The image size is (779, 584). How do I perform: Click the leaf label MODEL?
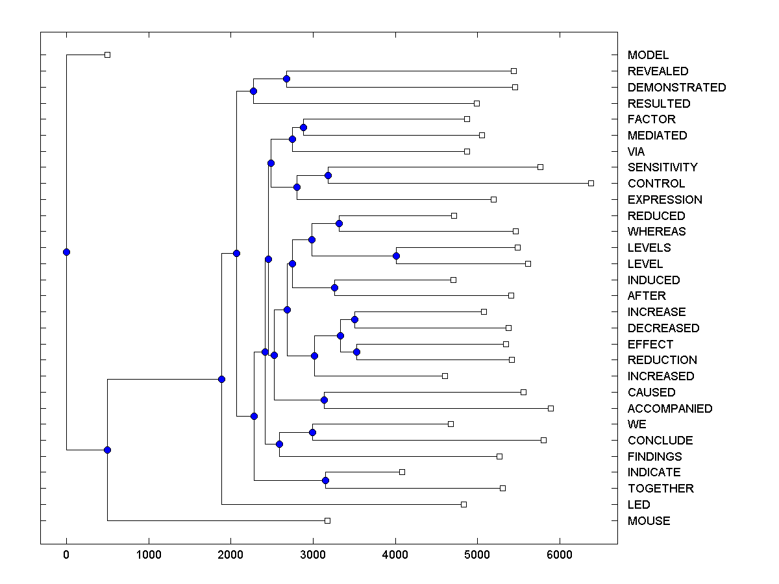[x=648, y=55]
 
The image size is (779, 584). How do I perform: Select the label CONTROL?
[x=656, y=184]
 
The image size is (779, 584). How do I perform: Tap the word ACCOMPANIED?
[x=670, y=409]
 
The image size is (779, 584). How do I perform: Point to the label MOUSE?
[x=649, y=521]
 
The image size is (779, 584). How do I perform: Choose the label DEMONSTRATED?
[x=677, y=88]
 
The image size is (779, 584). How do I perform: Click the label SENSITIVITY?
[x=663, y=167]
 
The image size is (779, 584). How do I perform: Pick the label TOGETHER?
[x=661, y=489]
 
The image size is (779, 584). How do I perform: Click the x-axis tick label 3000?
[x=313, y=555]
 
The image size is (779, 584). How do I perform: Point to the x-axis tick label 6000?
[x=560, y=555]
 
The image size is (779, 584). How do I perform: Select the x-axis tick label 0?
[x=66, y=555]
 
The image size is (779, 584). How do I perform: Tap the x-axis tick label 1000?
[x=149, y=555]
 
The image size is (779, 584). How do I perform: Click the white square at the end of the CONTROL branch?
[x=591, y=183]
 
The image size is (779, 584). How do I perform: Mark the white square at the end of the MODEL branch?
[x=108, y=55]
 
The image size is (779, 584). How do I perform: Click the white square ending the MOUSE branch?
[x=327, y=520]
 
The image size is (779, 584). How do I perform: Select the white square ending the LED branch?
[x=464, y=504]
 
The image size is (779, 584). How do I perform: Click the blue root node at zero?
[x=66, y=252]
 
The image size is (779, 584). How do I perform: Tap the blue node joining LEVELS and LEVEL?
[x=396, y=256]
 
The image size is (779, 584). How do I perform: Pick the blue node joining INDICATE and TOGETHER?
[x=325, y=480]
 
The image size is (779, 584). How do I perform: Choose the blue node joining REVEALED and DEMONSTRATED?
[x=286, y=79]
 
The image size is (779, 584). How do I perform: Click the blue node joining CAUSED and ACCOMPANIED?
[x=324, y=400]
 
